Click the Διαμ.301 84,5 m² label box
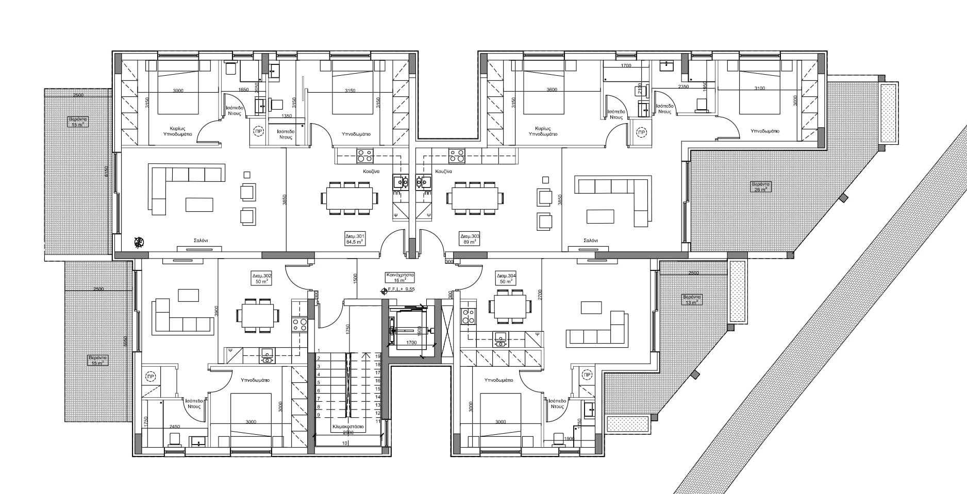tap(355, 238)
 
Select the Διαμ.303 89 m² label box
tap(469, 238)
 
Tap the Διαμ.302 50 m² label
tap(262, 278)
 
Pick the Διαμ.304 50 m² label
tap(506, 278)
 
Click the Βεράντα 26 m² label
tap(760, 186)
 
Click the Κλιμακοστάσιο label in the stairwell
tap(348, 427)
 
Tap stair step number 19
tap(377, 356)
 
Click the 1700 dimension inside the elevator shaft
tap(411, 343)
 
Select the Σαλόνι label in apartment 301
tap(201, 241)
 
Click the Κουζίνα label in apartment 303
tap(443, 171)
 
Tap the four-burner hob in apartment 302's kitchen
tap(299, 325)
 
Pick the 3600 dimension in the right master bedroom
tap(551, 90)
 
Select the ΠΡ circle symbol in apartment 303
tap(641, 132)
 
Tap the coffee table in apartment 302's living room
tap(188, 295)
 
